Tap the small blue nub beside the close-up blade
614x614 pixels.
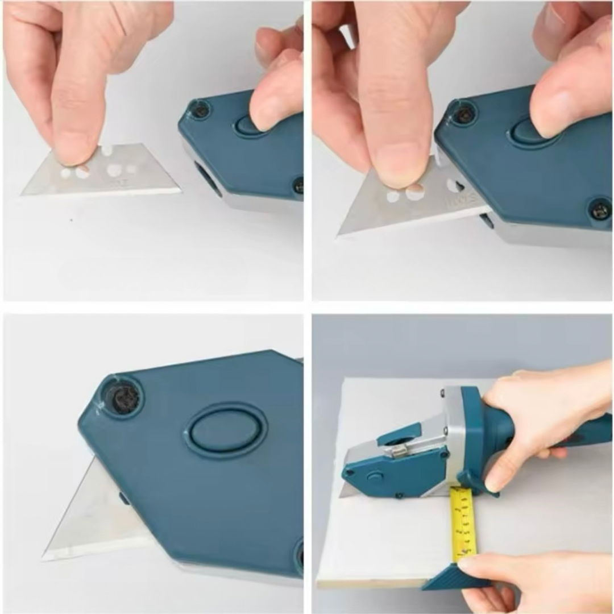click(123, 499)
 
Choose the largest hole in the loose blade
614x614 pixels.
click(114, 170)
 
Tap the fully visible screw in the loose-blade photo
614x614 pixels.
click(200, 110)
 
